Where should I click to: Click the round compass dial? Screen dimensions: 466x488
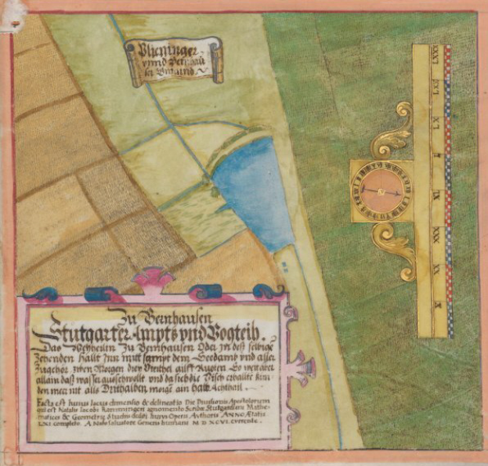[x=380, y=190]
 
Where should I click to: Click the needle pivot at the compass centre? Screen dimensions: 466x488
[x=380, y=190]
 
